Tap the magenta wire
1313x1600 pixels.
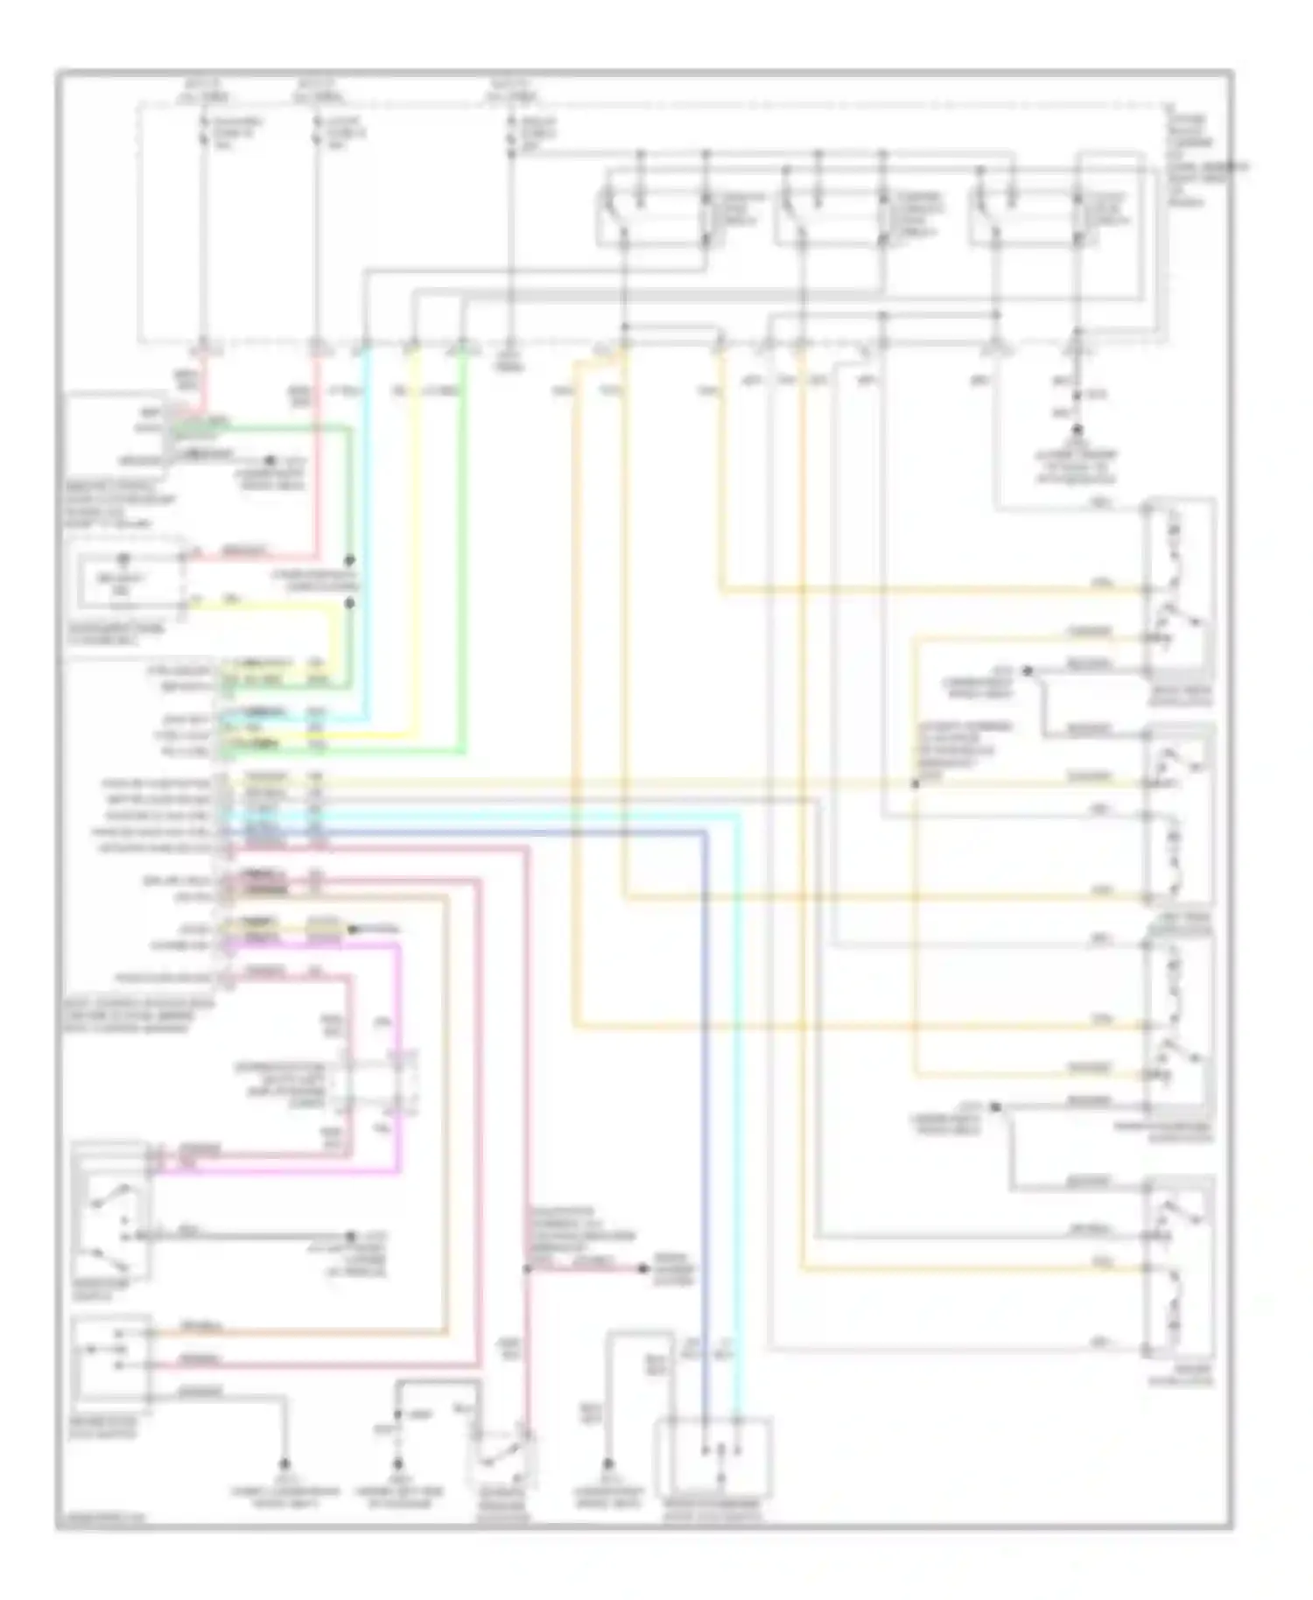click(x=399, y=1050)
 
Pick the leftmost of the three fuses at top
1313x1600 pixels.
click(x=203, y=131)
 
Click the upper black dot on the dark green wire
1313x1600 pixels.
click(x=350, y=560)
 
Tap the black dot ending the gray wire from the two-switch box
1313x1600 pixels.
click(x=350, y=1236)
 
